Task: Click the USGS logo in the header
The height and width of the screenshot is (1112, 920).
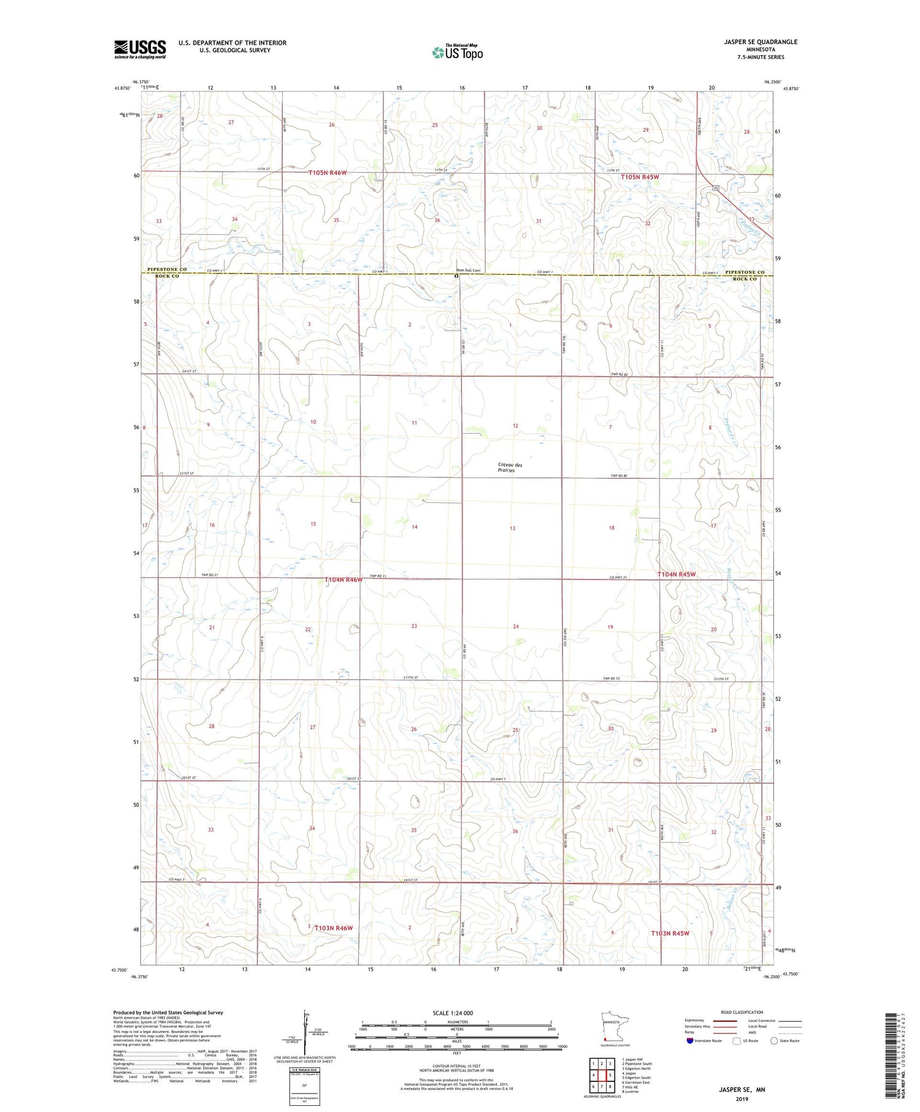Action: [x=140, y=49]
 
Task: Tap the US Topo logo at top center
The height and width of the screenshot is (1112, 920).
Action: [x=457, y=53]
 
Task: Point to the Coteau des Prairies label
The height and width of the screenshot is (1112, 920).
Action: [x=510, y=467]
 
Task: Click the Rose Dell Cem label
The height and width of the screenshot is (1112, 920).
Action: [x=467, y=270]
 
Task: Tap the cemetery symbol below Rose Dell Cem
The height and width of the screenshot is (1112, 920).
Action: [x=456, y=276]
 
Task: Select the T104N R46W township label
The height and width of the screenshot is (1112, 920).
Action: [x=343, y=580]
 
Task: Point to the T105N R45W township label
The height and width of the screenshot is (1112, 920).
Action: [x=640, y=177]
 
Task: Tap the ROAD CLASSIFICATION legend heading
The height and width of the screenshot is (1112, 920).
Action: [x=742, y=1012]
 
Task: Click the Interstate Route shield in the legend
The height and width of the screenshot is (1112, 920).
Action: [x=691, y=1040]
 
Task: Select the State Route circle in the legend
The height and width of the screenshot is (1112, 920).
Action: [x=774, y=1040]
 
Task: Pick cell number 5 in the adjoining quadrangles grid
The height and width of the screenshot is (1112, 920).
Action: [x=610, y=1075]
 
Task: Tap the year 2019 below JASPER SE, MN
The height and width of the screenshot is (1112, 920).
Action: [x=742, y=1099]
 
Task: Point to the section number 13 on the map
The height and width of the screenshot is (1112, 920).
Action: [x=512, y=528]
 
